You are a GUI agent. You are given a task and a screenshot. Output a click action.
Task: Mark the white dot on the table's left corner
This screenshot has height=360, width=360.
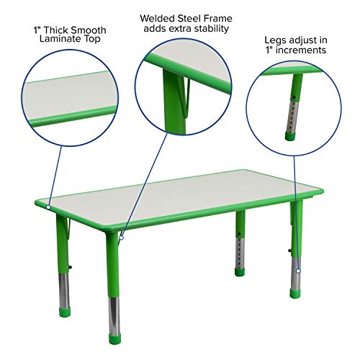click(x=49, y=207)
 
